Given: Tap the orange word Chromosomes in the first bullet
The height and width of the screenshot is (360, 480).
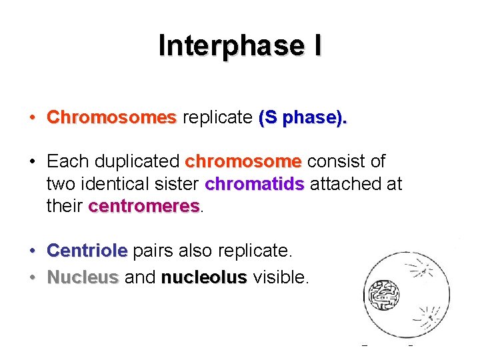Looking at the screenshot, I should coord(111,117).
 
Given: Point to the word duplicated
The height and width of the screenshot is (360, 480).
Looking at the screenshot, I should coord(137,161).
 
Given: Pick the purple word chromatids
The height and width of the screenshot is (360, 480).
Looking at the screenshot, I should coord(255,183).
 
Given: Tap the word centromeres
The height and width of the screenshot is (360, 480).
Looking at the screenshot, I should coord(143,205).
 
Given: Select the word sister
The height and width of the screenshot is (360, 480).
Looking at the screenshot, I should coord(178,183).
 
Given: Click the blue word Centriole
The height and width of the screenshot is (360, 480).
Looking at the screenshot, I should coord(87,251).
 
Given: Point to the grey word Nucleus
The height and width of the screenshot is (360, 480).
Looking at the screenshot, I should coord(83,277).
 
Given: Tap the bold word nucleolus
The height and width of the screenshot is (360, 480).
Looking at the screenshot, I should coord(204,277).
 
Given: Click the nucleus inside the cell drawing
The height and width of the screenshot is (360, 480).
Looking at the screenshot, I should coord(383,293).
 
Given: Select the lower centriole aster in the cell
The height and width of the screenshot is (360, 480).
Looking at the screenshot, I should coord(430,317).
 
